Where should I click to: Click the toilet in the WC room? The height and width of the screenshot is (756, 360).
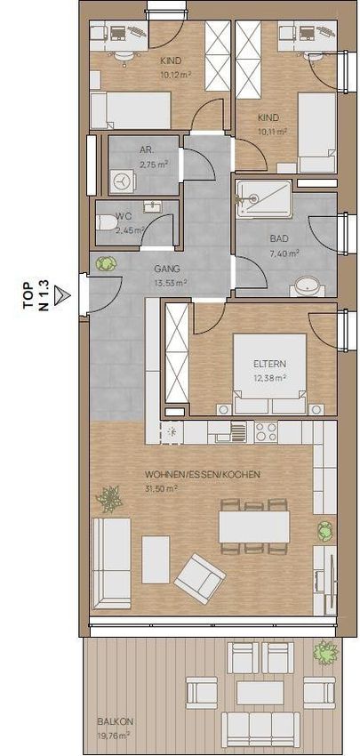pyautogui.click(x=107, y=223)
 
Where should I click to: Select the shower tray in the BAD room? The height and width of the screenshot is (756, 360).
pyautogui.click(x=264, y=198)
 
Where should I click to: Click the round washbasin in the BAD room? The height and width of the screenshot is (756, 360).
pyautogui.click(x=307, y=286)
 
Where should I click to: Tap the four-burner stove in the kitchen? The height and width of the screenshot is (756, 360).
pyautogui.click(x=266, y=431)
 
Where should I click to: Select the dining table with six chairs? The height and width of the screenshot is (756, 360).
pyautogui.click(x=254, y=527)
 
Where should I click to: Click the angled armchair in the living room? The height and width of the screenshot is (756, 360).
pyautogui.click(x=199, y=578)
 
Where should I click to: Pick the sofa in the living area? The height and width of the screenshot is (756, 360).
pyautogui.click(x=111, y=563)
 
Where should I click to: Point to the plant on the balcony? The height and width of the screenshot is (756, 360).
pyautogui.click(x=325, y=652)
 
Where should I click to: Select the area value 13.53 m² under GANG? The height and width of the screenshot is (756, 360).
pyautogui.click(x=171, y=282)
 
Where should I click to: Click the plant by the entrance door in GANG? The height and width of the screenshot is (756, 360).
pyautogui.click(x=106, y=264)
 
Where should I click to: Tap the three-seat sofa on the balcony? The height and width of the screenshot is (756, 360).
pyautogui.click(x=260, y=729)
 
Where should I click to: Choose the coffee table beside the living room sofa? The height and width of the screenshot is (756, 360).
pyautogui.click(x=156, y=559)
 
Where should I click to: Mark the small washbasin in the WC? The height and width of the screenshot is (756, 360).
pyautogui.click(x=153, y=207)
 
